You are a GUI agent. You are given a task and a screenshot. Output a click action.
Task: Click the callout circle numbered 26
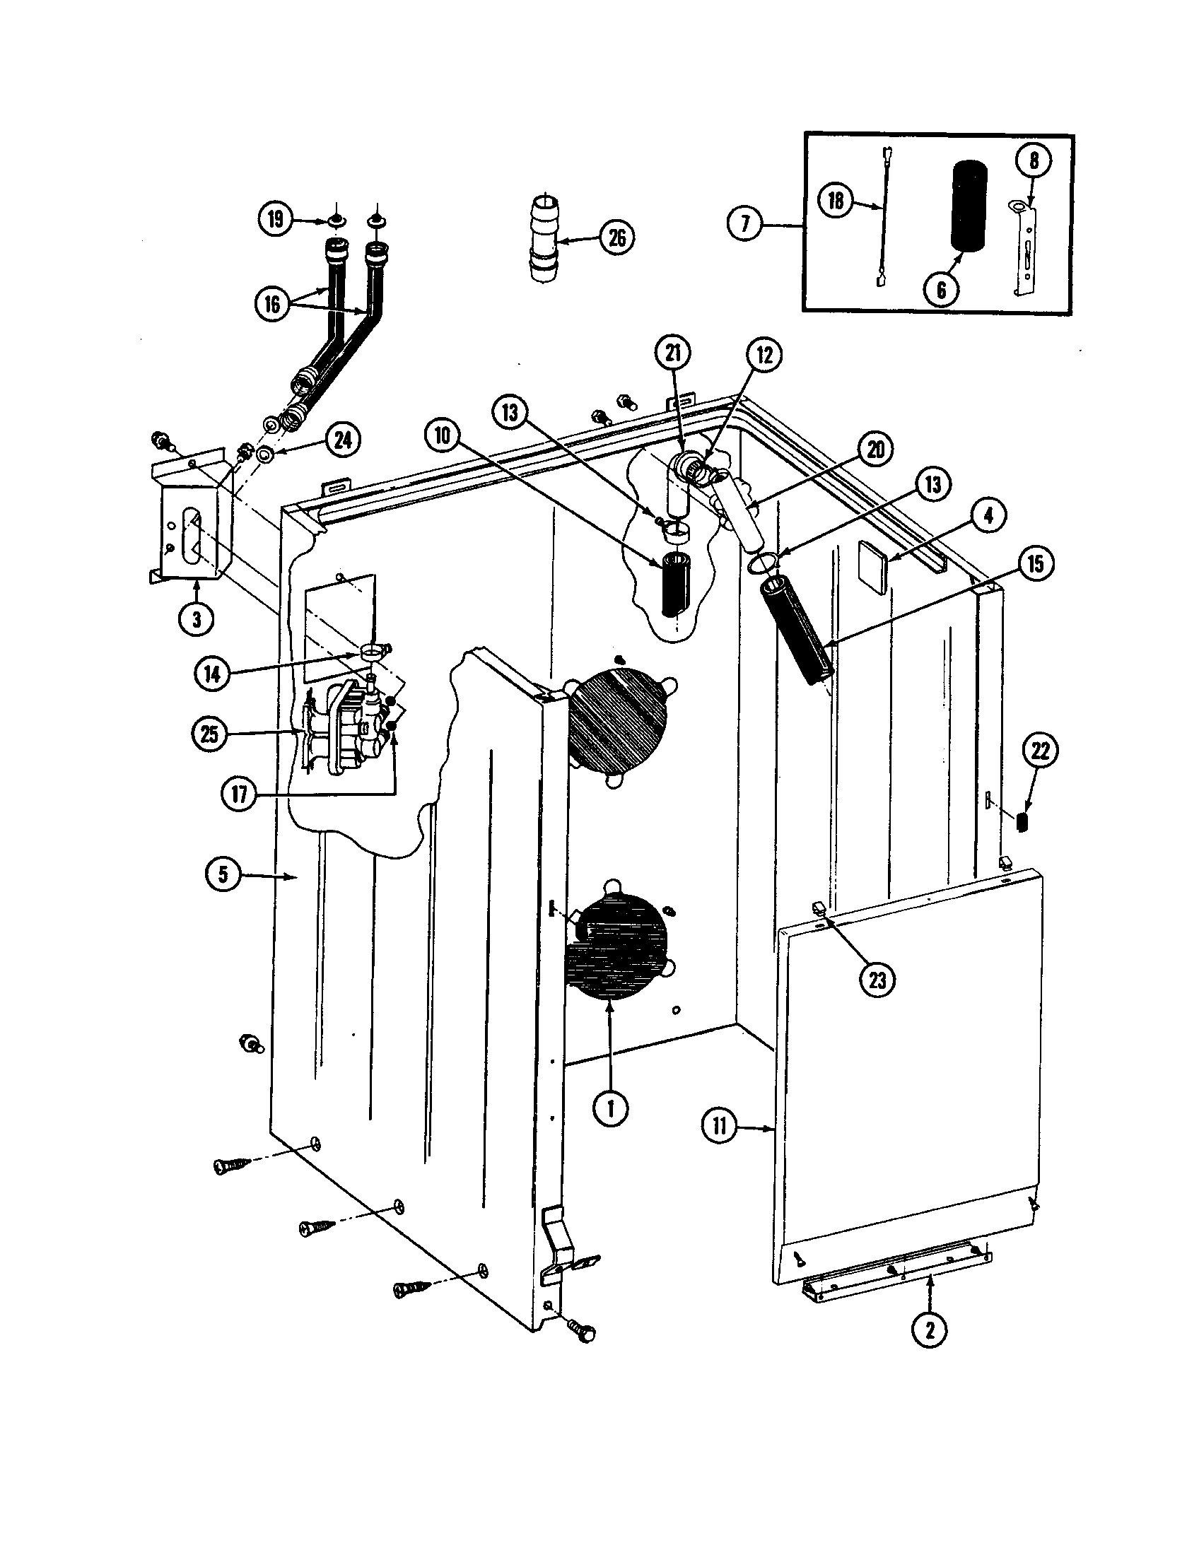pos(616,237)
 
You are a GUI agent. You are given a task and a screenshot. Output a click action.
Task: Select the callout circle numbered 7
pos(744,224)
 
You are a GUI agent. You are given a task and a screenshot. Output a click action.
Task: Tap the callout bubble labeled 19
pos(276,218)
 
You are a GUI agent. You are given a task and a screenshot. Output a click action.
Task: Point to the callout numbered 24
pos(342,440)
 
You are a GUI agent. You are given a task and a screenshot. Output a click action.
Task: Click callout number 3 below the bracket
pos(197,619)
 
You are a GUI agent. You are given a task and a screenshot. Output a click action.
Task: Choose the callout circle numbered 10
pos(443,435)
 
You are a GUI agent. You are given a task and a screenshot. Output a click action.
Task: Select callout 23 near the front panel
pos(877,980)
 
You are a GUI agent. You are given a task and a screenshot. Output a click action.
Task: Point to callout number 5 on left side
pos(223,874)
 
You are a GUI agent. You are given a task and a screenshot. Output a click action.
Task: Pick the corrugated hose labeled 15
pos(797,630)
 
